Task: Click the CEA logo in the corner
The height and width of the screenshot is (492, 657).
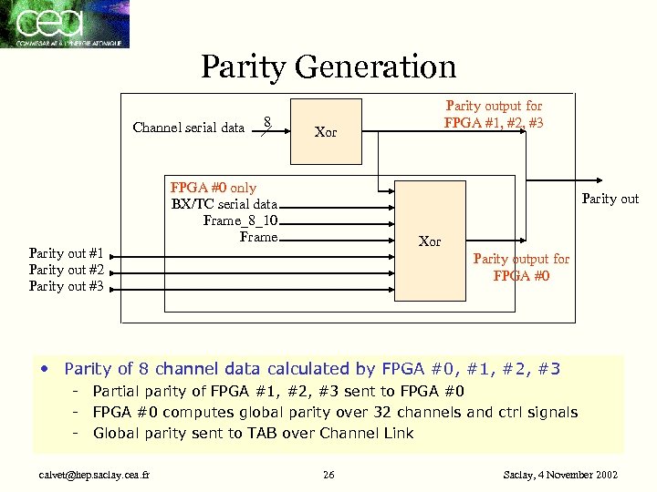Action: pyautogui.click(x=64, y=24)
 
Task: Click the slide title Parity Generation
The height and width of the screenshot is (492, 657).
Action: pyautogui.click(x=328, y=67)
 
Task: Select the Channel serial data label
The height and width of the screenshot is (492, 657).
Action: pyautogui.click(x=188, y=128)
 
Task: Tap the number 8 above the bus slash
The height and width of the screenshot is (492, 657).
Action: pyautogui.click(x=266, y=121)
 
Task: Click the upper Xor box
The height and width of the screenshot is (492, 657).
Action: pyautogui.click(x=326, y=132)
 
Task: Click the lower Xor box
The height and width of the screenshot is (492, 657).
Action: pyautogui.click(x=429, y=241)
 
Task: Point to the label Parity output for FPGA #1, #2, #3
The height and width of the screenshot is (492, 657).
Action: pyautogui.click(x=493, y=115)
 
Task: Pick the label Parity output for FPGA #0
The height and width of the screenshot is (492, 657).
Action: pyautogui.click(x=520, y=267)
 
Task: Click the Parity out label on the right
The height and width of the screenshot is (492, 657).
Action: pyautogui.click(x=610, y=199)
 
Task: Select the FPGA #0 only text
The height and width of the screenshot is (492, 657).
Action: pyautogui.click(x=214, y=188)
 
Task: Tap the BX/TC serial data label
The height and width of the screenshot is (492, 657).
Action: pyautogui.click(x=224, y=204)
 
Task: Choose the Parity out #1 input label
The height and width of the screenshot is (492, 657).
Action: pyautogui.click(x=66, y=253)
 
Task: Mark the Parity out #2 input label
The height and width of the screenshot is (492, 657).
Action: pyautogui.click(x=66, y=270)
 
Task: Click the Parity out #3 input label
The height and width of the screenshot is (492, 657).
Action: pyautogui.click(x=66, y=286)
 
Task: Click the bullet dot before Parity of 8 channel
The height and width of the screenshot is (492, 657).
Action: pyautogui.click(x=44, y=369)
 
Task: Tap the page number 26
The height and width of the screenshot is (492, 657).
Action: pyautogui.click(x=329, y=475)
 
